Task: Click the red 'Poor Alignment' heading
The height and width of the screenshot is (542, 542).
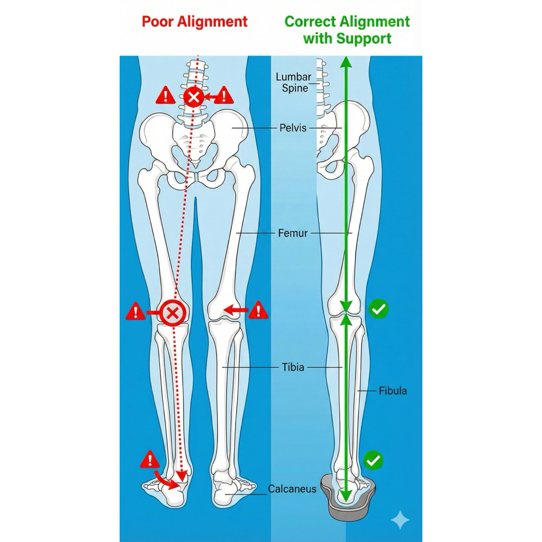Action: [x=194, y=22]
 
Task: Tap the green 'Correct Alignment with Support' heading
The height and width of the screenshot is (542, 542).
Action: [x=347, y=30]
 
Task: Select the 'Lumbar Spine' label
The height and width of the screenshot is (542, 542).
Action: [x=294, y=83]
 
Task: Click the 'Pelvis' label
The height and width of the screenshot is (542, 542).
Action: [x=293, y=128]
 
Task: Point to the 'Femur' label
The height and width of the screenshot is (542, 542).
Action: [x=293, y=232]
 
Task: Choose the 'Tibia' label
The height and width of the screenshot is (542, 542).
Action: [x=293, y=366]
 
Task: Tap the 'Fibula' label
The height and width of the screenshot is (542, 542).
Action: [x=393, y=391]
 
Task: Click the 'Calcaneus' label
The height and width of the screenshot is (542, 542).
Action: [x=292, y=489]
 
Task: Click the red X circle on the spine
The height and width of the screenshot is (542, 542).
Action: [x=194, y=97]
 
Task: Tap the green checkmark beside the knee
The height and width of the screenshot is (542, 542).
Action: [x=378, y=309]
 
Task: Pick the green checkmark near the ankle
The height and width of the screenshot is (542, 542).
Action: [x=375, y=460]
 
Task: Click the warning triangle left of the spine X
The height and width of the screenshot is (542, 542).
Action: [x=165, y=96]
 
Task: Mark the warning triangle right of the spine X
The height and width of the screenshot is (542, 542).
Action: [x=224, y=95]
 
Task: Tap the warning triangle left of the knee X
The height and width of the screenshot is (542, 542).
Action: [x=135, y=312]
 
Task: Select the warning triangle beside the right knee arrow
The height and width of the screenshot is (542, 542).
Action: [x=258, y=310]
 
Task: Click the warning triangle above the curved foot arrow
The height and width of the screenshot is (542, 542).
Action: [x=150, y=460]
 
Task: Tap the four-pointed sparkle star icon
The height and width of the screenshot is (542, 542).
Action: [x=400, y=520]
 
